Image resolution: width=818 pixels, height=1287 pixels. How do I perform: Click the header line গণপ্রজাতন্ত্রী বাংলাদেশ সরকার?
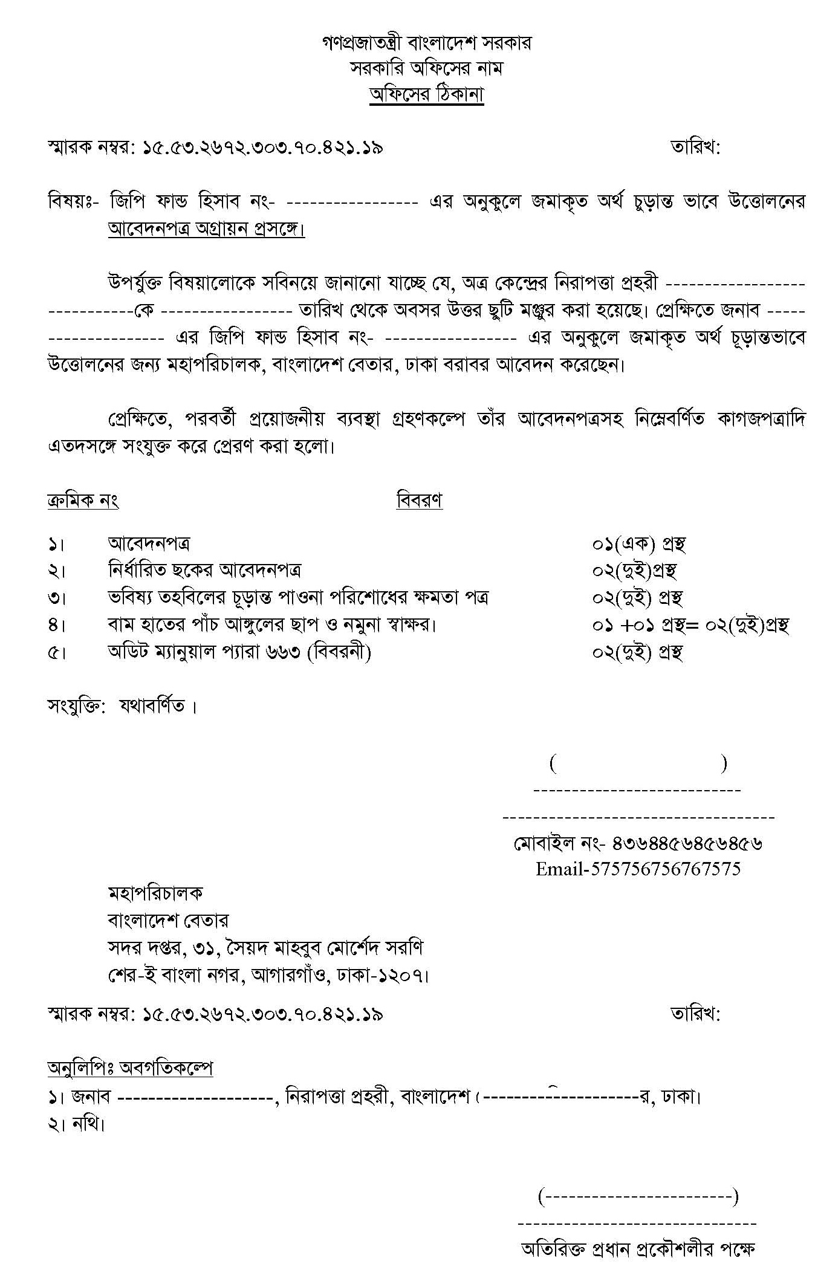point(426,43)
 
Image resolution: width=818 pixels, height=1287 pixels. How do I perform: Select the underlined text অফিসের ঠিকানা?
point(426,96)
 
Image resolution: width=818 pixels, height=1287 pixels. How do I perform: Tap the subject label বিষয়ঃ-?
point(73,201)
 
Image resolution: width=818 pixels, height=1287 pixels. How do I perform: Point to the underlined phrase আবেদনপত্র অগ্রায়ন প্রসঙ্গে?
point(206,229)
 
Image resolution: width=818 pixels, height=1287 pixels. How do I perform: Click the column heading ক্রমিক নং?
point(83,501)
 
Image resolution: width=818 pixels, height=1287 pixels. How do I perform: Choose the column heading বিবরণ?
point(419,501)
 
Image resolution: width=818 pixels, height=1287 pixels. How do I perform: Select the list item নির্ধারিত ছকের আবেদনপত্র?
point(204,570)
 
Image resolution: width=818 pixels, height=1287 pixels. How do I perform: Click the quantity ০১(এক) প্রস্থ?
point(638,543)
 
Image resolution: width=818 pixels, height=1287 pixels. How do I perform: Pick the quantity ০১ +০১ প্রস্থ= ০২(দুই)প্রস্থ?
point(690,625)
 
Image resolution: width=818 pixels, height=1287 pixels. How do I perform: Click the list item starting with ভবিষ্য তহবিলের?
point(297,597)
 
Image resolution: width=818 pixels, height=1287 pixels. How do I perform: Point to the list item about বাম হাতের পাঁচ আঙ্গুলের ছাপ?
point(271,624)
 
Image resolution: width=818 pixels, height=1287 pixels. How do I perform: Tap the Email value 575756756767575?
point(665,869)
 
